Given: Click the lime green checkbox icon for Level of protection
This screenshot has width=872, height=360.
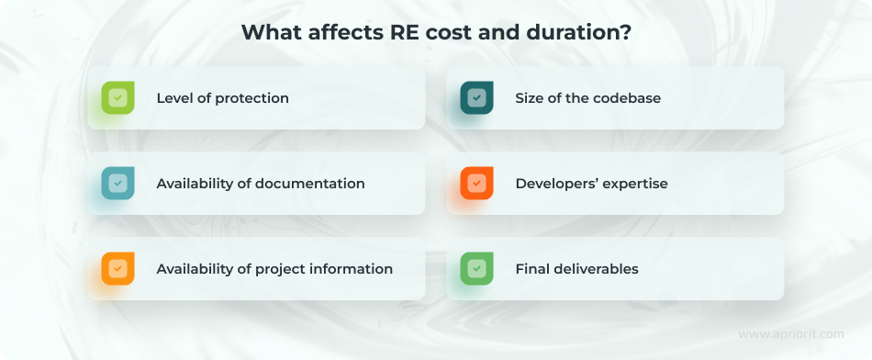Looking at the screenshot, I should tap(117, 97).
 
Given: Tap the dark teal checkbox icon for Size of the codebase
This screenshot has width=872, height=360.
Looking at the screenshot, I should tap(476, 97).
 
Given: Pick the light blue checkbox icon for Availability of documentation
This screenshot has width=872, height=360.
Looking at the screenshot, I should tap(117, 184).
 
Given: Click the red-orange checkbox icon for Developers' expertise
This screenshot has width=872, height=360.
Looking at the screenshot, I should tap(476, 184).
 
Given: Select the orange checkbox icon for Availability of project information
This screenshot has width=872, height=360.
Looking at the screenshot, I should tap(117, 269).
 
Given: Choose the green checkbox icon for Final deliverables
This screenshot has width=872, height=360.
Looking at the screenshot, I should tap(476, 269).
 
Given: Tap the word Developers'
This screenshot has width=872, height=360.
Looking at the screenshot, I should tap(555, 184).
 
